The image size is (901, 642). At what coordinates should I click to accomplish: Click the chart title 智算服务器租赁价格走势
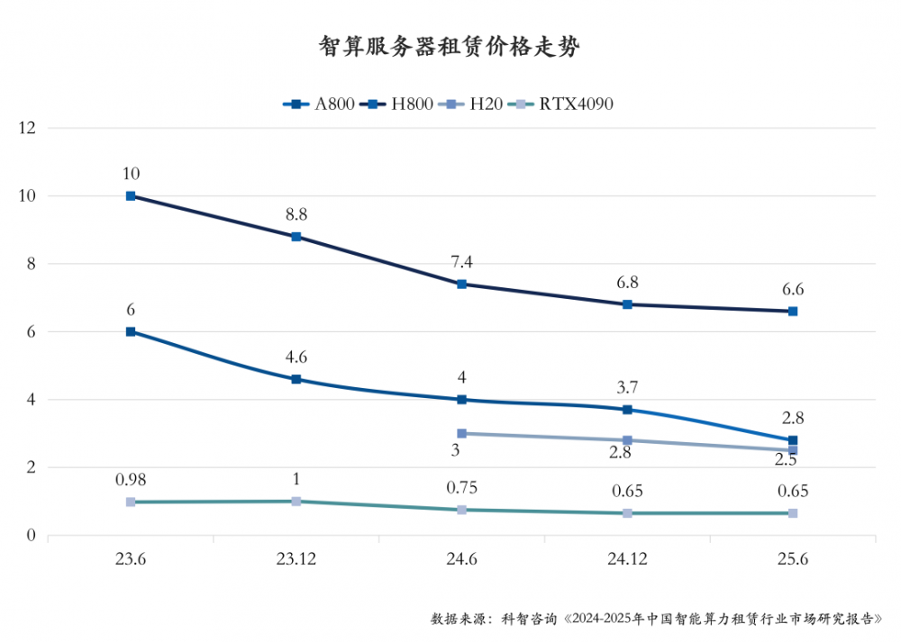(450, 48)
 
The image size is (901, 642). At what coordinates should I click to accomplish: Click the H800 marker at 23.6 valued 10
(131, 195)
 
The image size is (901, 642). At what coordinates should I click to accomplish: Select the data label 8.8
(296, 215)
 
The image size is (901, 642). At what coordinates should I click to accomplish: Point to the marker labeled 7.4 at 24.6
(462, 284)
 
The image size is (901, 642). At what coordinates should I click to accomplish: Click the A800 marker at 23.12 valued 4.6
(296, 379)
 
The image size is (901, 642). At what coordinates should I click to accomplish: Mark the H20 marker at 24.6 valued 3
(462, 433)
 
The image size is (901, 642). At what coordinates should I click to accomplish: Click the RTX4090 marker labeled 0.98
(131, 502)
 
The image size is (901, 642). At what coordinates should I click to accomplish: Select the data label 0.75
(462, 488)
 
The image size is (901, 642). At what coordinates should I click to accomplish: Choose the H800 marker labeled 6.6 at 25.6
(793, 311)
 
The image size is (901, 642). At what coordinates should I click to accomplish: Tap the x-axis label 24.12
(627, 559)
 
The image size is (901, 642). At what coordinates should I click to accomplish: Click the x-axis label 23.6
(131, 559)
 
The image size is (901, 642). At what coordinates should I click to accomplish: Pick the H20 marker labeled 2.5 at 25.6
(793, 450)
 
